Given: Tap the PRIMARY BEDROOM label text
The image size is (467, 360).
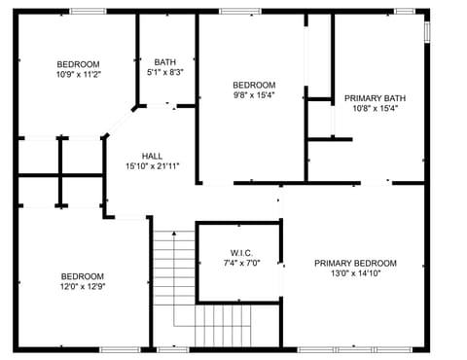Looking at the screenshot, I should tap(355, 263).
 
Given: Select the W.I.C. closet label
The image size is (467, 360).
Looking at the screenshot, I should tap(241, 253).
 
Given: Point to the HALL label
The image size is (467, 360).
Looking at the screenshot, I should tap(153, 156).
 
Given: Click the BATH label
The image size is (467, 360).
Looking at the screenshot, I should tap(165, 62).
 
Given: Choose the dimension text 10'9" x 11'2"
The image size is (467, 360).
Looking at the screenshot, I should tap(77, 73).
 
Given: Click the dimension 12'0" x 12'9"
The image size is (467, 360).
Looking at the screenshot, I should tap(82, 287).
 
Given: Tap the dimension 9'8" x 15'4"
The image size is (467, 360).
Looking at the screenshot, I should tap(253, 95).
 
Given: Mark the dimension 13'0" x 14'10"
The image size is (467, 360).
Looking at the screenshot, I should tap(355, 274).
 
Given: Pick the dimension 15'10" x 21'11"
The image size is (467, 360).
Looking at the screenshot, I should tap(153, 166).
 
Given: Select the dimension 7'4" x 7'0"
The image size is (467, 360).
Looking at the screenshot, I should tap(241, 264).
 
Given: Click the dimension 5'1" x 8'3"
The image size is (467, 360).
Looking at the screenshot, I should tap(165, 72).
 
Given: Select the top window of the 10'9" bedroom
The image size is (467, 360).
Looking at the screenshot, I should tap(89, 12).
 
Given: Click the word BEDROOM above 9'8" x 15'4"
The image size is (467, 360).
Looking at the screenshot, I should tap(253, 85).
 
